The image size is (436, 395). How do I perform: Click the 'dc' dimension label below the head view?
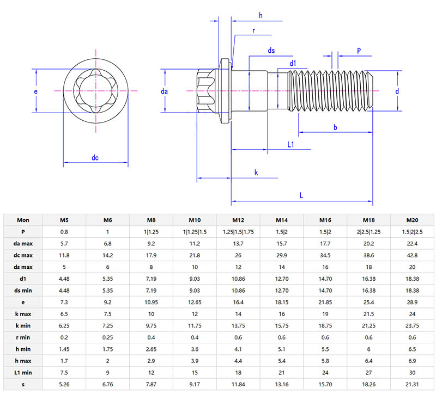[x=95, y=158]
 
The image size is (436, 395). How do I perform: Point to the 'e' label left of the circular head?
[x=36, y=92]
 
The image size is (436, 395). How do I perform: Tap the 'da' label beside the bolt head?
[x=164, y=92]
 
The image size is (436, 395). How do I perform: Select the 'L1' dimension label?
[x=290, y=145]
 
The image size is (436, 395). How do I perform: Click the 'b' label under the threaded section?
[x=335, y=127]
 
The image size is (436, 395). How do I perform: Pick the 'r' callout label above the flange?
[x=254, y=31]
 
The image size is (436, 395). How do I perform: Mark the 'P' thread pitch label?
[x=359, y=50]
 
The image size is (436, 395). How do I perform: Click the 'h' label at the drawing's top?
[x=261, y=16]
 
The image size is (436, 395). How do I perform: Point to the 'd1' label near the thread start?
[x=293, y=64]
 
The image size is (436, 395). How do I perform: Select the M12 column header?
[x=238, y=220]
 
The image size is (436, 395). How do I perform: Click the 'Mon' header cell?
[x=23, y=220]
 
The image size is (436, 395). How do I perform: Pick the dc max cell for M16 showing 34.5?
[x=325, y=256]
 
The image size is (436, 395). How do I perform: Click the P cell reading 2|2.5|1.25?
[x=369, y=232]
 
